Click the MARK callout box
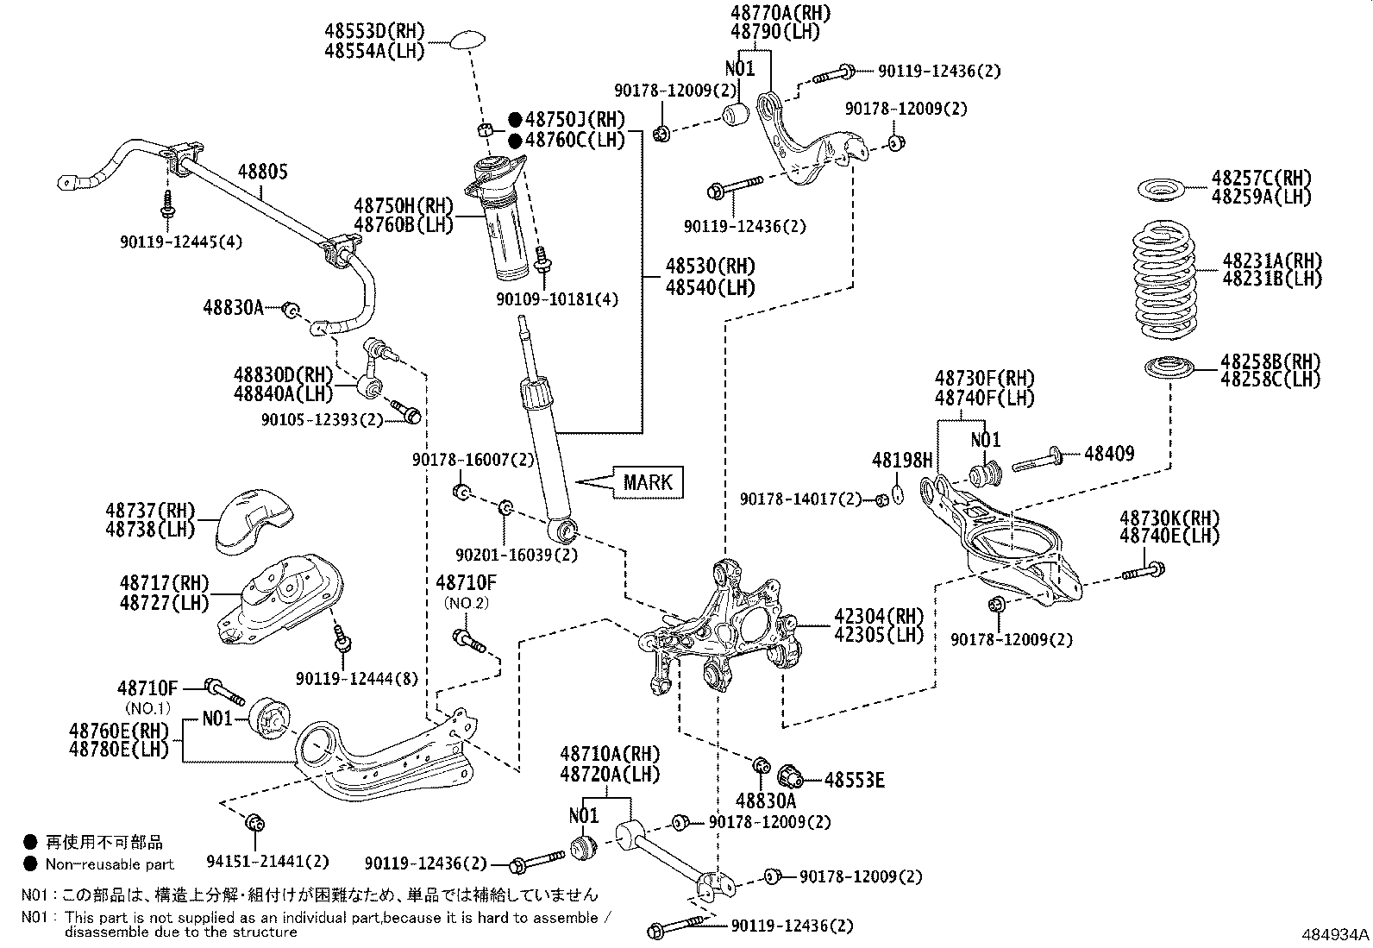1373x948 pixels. point(648,481)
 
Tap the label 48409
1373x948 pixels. point(1109,453)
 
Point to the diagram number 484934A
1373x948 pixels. point(1335,934)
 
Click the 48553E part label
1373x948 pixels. point(854,780)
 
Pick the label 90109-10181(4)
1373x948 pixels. point(557,299)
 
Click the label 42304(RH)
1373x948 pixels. point(878,617)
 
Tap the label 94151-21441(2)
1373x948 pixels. point(267,861)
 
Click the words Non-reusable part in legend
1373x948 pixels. point(110,863)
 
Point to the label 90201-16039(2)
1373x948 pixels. point(517,555)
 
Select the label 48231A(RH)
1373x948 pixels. point(1271,260)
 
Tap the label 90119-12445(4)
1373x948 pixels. point(180,242)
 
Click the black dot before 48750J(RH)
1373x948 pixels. point(515,120)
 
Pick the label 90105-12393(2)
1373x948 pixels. point(323,419)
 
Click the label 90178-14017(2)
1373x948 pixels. point(801,499)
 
